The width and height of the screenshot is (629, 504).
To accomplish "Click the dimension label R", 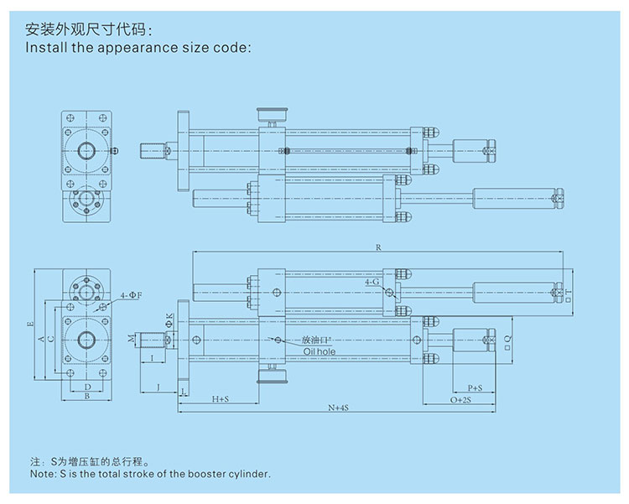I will (380, 248).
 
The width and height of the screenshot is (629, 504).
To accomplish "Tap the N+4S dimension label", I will (338, 408).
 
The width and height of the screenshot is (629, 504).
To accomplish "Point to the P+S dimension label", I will (474, 388).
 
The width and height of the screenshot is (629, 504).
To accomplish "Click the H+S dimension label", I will (221, 400).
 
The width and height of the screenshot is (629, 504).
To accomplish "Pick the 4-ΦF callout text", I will (130, 296).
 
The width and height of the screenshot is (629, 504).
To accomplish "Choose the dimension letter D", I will (87, 387).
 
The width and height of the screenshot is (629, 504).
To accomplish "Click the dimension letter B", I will (87, 397).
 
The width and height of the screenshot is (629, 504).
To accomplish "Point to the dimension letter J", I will (159, 387).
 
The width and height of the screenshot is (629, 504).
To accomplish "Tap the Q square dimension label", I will (510, 339).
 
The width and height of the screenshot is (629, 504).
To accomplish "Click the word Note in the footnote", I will (41, 474).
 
